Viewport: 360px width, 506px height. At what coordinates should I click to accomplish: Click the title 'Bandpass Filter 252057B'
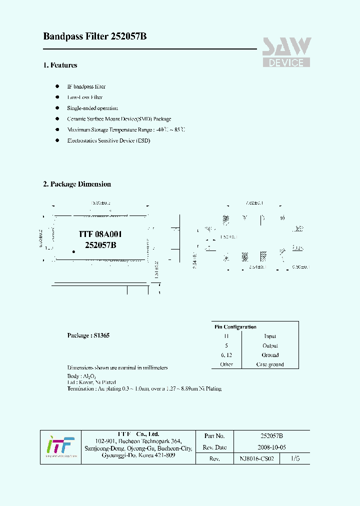pyautogui.click(x=94, y=36)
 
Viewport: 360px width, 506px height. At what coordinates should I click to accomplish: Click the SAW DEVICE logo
pyautogui.click(x=286, y=52)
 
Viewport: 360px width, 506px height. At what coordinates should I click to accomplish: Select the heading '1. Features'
pyautogui.click(x=60, y=65)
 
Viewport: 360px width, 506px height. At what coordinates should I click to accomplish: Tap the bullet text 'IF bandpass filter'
pyautogui.click(x=86, y=86)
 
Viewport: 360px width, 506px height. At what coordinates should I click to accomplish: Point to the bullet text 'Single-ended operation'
pyautogui.click(x=92, y=108)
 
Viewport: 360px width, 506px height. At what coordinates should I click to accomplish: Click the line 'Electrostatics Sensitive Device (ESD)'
pyautogui.click(x=108, y=140)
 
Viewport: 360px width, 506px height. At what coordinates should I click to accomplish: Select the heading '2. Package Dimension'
pyautogui.click(x=77, y=184)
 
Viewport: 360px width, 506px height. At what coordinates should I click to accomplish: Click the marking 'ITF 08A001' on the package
pyautogui.click(x=100, y=234)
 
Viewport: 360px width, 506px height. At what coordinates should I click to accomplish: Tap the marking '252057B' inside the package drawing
pyautogui.click(x=100, y=245)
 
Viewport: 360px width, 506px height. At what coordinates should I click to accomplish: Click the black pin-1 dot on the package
pyautogui.click(x=73, y=252)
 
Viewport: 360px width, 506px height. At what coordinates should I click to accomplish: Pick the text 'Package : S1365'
pyautogui.click(x=88, y=335)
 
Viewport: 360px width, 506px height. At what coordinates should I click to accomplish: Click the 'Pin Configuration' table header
pyautogui.click(x=235, y=327)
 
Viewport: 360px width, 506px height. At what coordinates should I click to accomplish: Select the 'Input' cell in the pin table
pyautogui.click(x=270, y=336)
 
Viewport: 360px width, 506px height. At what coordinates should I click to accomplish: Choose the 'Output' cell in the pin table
pyautogui.click(x=270, y=345)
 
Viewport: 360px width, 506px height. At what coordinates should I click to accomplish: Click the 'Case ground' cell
pyautogui.click(x=270, y=364)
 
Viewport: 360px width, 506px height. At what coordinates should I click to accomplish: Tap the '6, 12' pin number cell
pyautogui.click(x=226, y=355)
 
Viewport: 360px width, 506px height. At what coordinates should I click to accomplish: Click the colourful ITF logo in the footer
pyautogui.click(x=60, y=446)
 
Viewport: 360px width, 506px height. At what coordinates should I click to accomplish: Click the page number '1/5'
pyautogui.click(x=296, y=458)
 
